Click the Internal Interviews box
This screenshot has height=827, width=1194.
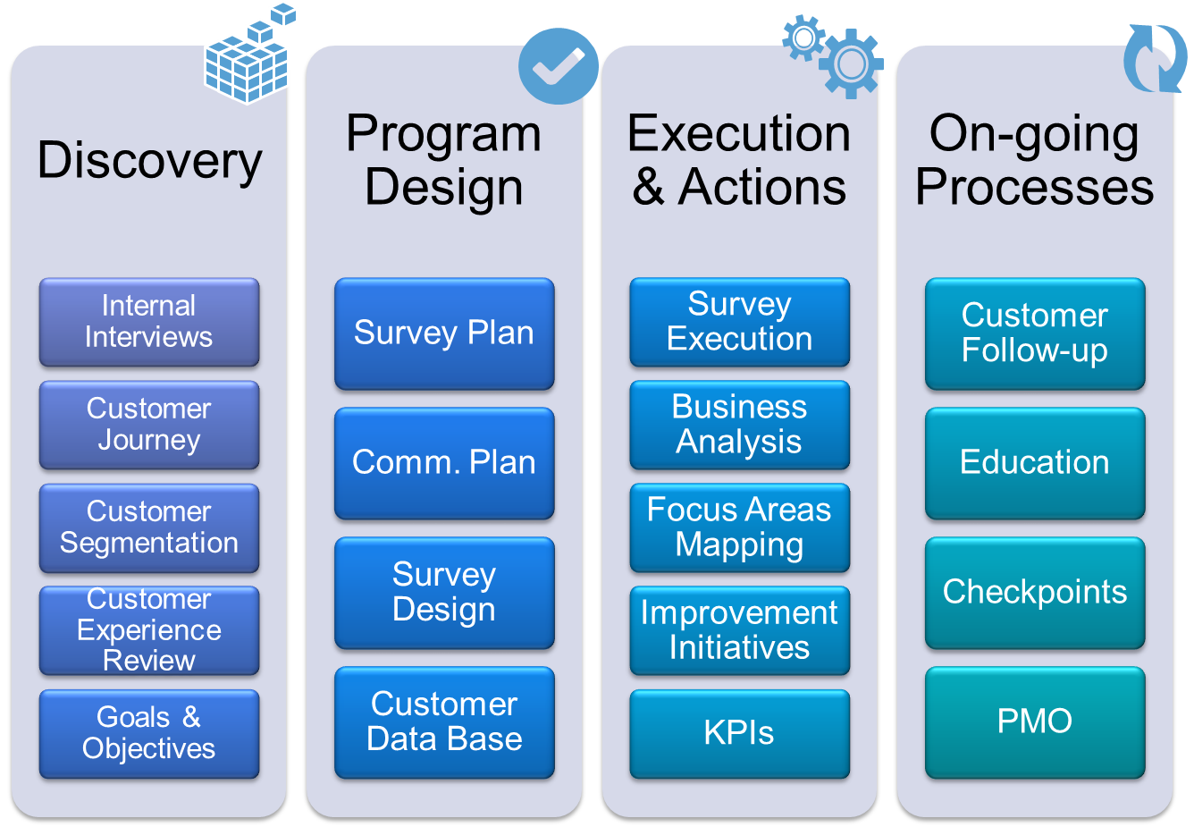(x=149, y=322)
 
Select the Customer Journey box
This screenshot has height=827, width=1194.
(x=149, y=425)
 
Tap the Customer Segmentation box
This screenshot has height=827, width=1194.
(x=149, y=527)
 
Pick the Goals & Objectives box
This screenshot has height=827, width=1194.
(x=149, y=734)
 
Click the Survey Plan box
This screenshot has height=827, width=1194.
(x=444, y=333)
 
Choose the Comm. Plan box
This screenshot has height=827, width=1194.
(x=444, y=463)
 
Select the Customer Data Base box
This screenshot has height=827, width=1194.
(x=444, y=722)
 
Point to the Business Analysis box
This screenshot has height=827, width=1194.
(x=740, y=425)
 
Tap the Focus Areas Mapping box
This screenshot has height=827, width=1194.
(x=740, y=527)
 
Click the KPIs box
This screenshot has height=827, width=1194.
(x=740, y=734)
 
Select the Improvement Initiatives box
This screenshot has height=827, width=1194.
(x=740, y=631)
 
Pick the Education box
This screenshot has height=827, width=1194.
(x=1035, y=463)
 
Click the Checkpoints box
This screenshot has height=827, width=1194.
(x=1035, y=593)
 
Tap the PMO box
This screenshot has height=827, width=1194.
(x=1035, y=722)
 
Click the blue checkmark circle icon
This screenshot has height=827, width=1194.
(x=559, y=66)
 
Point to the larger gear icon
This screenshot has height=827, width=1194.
(x=851, y=64)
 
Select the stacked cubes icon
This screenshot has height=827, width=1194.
(x=249, y=54)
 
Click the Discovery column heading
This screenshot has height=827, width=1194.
(x=150, y=161)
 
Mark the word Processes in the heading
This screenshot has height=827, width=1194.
(x=1035, y=187)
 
